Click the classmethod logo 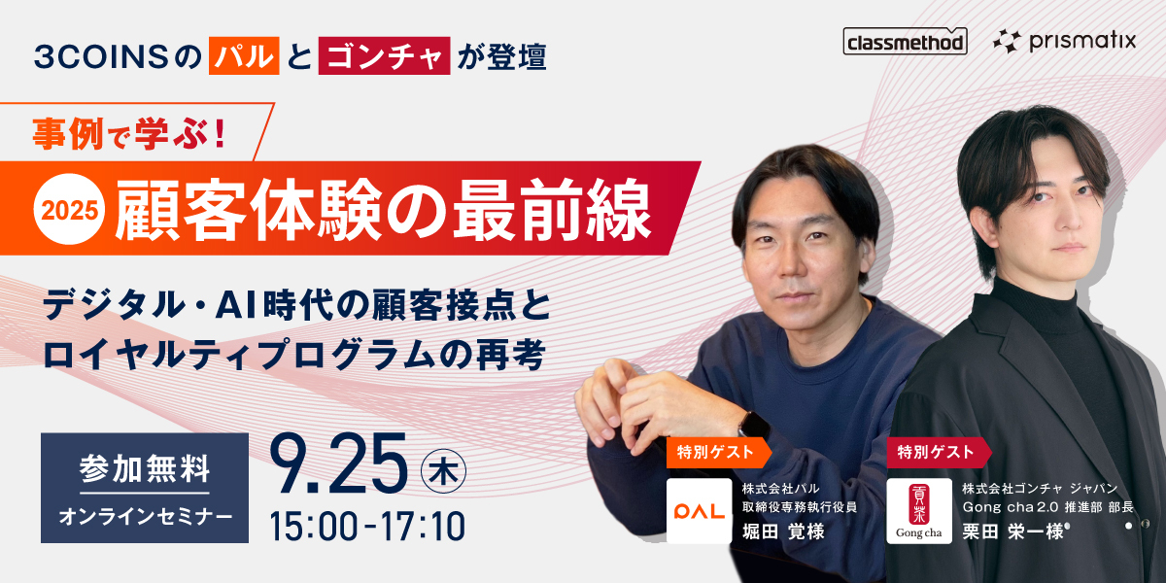(x=905, y=41)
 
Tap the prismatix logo (x=1065, y=41)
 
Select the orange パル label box (x=244, y=55)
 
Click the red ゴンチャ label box (x=384, y=55)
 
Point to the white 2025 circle (x=69, y=210)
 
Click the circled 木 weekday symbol (x=443, y=471)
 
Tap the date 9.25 (x=338, y=464)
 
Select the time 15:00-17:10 (x=367, y=526)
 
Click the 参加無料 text (x=145, y=468)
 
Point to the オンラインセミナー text (x=145, y=517)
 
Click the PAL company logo (x=699, y=511)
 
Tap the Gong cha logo (x=919, y=511)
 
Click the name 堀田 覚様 (x=783, y=532)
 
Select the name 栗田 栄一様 (x=1012, y=532)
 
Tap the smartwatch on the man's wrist (x=754, y=425)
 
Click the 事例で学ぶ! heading (x=129, y=134)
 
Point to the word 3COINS (x=101, y=56)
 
